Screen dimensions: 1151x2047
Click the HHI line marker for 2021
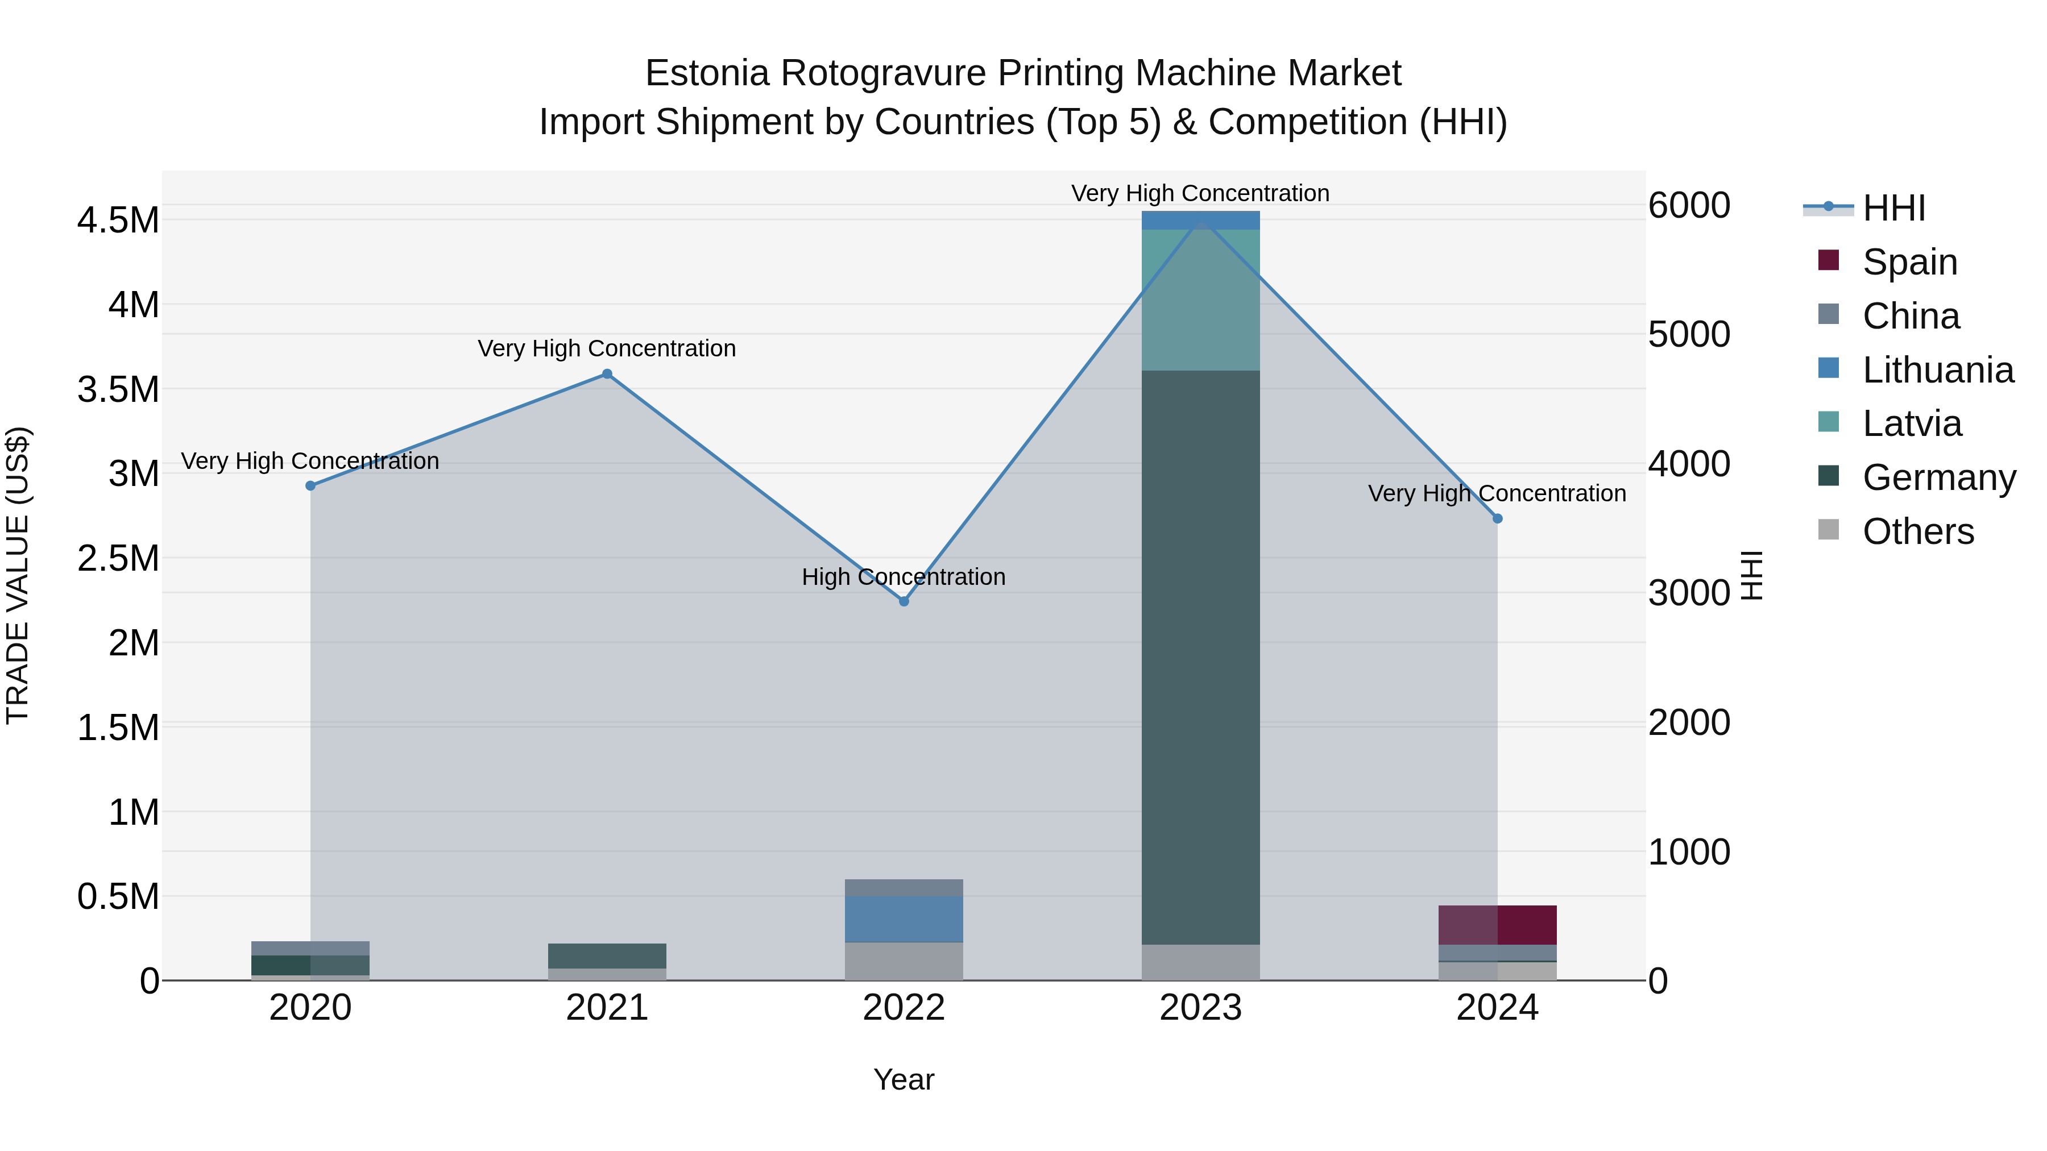pos(607,374)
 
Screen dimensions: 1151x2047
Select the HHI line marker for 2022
pos(904,601)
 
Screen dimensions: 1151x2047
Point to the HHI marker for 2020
pos(310,485)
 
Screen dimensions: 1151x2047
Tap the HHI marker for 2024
pos(1497,519)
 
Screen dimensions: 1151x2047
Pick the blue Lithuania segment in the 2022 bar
pos(904,919)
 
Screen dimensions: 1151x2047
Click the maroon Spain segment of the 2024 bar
pos(1497,925)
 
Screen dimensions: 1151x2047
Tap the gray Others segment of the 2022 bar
pos(904,961)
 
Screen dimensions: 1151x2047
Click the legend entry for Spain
pos(1909,261)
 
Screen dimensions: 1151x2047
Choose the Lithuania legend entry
pos(1937,369)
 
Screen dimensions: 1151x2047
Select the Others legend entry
pos(1917,531)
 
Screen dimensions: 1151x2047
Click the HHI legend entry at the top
pos(1893,208)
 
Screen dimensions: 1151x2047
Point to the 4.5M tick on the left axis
pos(118,220)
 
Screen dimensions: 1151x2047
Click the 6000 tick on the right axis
pos(1689,205)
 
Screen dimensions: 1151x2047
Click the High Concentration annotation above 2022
pos(904,577)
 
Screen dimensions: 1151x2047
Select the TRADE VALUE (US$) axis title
pos(18,575)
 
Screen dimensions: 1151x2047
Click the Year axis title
pos(904,1079)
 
